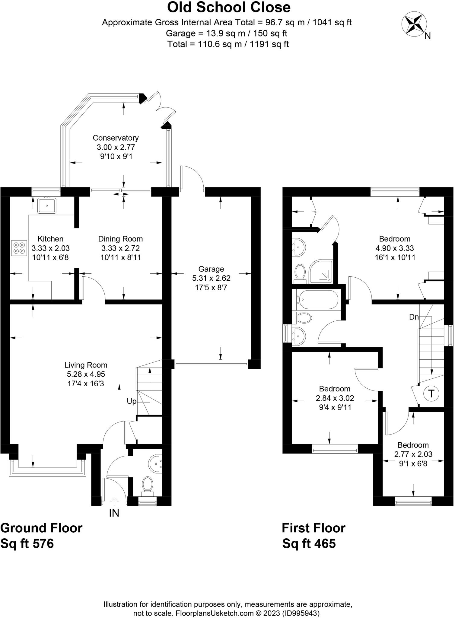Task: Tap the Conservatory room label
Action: (116, 138)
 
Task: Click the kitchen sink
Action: (47, 205)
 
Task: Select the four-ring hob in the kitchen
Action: (19, 248)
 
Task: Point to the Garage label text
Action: (211, 269)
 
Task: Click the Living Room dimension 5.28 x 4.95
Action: (86, 374)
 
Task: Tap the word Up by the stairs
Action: (132, 401)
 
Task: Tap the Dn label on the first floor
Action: (414, 317)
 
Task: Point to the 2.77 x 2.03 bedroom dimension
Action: (413, 454)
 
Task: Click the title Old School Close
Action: (228, 8)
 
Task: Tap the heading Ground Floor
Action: (41, 528)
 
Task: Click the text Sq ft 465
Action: (309, 543)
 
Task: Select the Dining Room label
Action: (120, 239)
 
